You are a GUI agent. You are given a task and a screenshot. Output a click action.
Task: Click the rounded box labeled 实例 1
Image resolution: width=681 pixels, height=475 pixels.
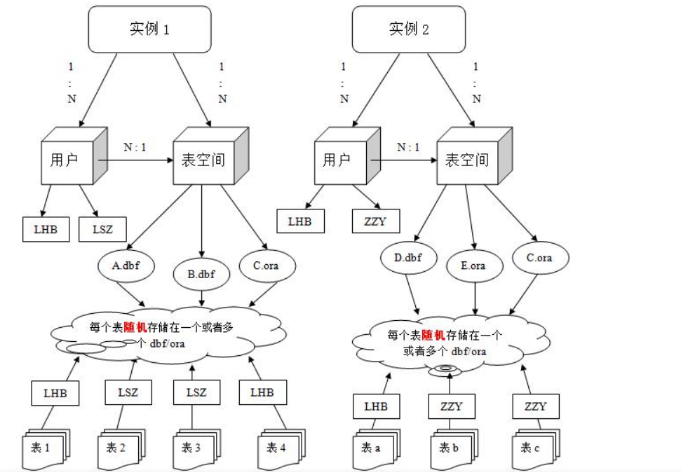(149, 29)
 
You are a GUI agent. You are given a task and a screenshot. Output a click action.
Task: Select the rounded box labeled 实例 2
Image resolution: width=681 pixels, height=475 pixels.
(408, 29)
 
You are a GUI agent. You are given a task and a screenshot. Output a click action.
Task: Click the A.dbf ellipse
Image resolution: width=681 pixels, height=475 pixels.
(126, 266)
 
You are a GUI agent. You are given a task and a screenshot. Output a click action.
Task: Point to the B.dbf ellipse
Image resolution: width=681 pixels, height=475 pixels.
(201, 273)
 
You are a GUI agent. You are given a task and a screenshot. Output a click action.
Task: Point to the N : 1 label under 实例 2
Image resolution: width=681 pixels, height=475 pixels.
(408, 147)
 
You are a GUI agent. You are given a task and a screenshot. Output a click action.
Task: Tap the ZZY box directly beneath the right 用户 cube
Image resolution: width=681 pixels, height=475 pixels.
(375, 222)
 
